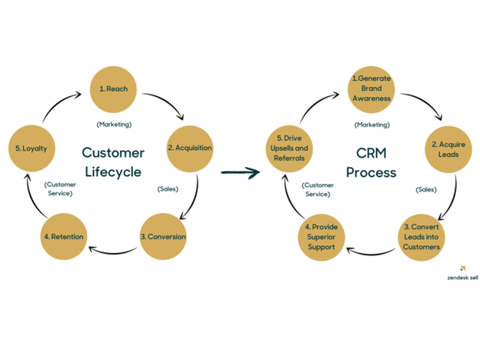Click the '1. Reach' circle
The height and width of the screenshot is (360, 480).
point(113,88)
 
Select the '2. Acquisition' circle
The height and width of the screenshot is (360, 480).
point(189,148)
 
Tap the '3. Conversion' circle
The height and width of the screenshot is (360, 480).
point(162,236)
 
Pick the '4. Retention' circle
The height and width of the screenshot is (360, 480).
point(63,236)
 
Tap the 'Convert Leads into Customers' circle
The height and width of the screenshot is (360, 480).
point(420,236)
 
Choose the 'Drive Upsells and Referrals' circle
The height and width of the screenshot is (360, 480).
point(289,148)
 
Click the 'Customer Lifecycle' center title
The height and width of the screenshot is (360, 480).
point(112,162)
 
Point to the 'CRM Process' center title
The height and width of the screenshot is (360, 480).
point(371,162)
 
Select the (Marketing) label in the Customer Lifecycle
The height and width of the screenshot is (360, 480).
point(114,124)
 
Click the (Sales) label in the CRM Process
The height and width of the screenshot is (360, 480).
point(425,188)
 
